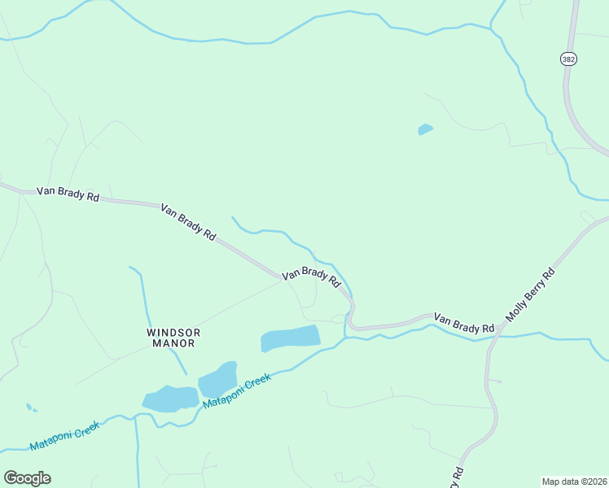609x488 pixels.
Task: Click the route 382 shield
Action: coord(568,59)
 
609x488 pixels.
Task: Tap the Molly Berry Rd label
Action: coord(530,294)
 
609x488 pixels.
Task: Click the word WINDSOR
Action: coord(173,332)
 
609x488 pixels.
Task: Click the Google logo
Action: coord(27,478)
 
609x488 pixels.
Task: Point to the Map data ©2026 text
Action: coord(574,481)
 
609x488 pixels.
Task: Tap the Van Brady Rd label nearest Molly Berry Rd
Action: coord(464,322)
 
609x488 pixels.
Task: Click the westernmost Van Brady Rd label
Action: coord(68,195)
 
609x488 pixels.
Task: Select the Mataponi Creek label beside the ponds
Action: coord(236,391)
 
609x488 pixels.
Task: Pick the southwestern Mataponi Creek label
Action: coord(64,435)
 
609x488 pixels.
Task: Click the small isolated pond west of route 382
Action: coord(425,129)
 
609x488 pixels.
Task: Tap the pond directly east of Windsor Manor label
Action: coord(290,338)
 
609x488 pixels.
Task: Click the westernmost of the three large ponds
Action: coord(170,399)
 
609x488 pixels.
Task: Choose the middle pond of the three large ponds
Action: coord(217,378)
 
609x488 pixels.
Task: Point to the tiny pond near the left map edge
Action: coord(30,407)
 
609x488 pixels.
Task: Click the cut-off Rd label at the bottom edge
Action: coord(458,473)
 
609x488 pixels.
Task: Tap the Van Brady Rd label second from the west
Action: coord(188,222)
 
